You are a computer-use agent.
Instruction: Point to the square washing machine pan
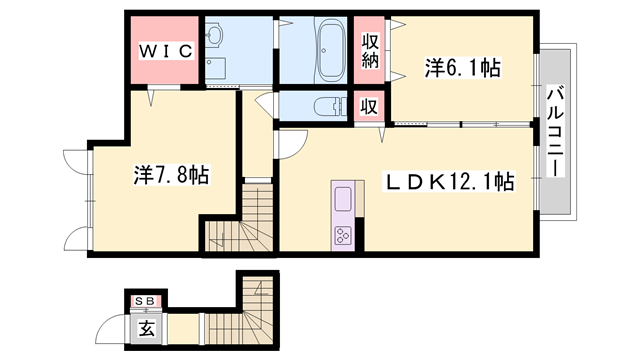pyautogui.click(x=216, y=68)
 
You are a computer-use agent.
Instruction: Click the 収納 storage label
pyautogui.click(x=369, y=49)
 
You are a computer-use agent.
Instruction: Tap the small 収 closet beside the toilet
pyautogui.click(x=369, y=106)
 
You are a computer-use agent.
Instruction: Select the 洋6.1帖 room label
pyautogui.click(x=462, y=68)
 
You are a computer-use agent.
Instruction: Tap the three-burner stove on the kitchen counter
pyautogui.click(x=343, y=236)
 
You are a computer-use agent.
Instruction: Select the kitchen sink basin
pyautogui.click(x=343, y=198)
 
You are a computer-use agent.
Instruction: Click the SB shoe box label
pyautogui.click(x=147, y=299)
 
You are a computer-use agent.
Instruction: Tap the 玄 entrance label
pyautogui.click(x=146, y=326)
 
